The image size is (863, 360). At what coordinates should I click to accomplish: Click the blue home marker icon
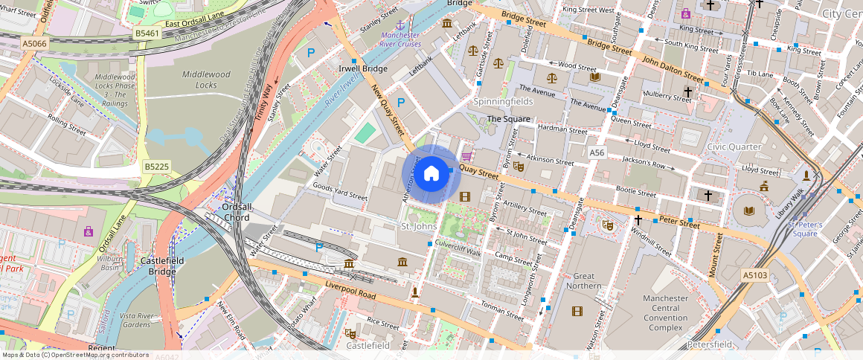pyautogui.click(x=431, y=175)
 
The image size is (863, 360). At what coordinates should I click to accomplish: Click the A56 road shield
pyautogui.click(x=597, y=152)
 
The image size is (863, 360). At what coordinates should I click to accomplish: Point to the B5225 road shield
pyautogui.click(x=157, y=166)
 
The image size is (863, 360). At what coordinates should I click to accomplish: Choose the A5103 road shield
pyautogui.click(x=754, y=275)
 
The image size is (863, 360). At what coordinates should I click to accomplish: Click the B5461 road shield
pyautogui.click(x=147, y=33)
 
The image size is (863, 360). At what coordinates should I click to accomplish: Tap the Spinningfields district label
pyautogui.click(x=504, y=100)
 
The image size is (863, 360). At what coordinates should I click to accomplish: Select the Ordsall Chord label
pyautogui.click(x=226, y=212)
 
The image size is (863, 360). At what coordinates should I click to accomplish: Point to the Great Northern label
pyautogui.click(x=583, y=280)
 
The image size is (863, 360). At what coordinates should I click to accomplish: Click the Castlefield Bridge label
pyautogui.click(x=158, y=266)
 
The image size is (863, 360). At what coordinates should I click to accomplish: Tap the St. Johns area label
pyautogui.click(x=419, y=226)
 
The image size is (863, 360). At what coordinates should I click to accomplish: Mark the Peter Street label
pyautogui.click(x=678, y=222)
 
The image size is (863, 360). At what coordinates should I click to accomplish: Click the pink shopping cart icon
pyautogui.click(x=466, y=156)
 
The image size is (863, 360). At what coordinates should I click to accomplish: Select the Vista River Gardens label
pyautogui.click(x=135, y=320)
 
